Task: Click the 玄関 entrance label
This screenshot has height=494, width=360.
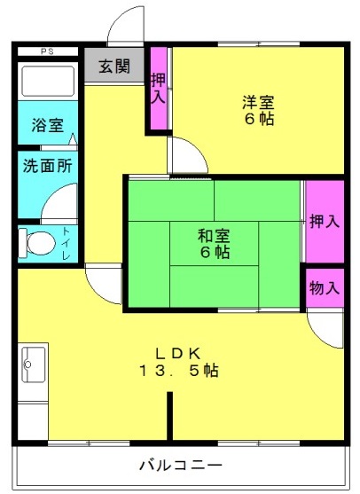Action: pyautogui.click(x=114, y=66)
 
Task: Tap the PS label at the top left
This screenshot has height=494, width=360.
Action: pyautogui.click(x=47, y=51)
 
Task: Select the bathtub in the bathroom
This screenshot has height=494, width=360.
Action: pyautogui.click(x=48, y=81)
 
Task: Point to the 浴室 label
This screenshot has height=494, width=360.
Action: pyautogui.click(x=48, y=125)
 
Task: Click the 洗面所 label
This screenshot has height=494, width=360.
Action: pyautogui.click(x=48, y=166)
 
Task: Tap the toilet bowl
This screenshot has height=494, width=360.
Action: pyautogui.click(x=37, y=243)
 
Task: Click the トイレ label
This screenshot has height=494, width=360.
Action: pyautogui.click(x=66, y=243)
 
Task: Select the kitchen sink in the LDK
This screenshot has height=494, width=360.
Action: pyautogui.click(x=33, y=365)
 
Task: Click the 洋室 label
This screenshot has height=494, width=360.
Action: pyautogui.click(x=258, y=102)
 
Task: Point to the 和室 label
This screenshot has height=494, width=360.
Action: pyautogui.click(x=214, y=236)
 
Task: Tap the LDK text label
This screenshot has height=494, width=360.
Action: pyautogui.click(x=178, y=354)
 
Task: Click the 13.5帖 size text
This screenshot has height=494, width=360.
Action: pyautogui.click(x=178, y=371)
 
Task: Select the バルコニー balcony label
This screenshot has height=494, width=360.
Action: pyautogui.click(x=181, y=465)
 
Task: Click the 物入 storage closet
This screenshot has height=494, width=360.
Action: pyautogui.click(x=325, y=287)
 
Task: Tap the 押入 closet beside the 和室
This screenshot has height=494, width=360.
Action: pyautogui.click(x=325, y=222)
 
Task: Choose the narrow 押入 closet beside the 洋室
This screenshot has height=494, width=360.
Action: pyautogui.click(x=159, y=88)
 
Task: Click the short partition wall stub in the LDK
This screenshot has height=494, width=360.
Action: pyautogui.click(x=169, y=416)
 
